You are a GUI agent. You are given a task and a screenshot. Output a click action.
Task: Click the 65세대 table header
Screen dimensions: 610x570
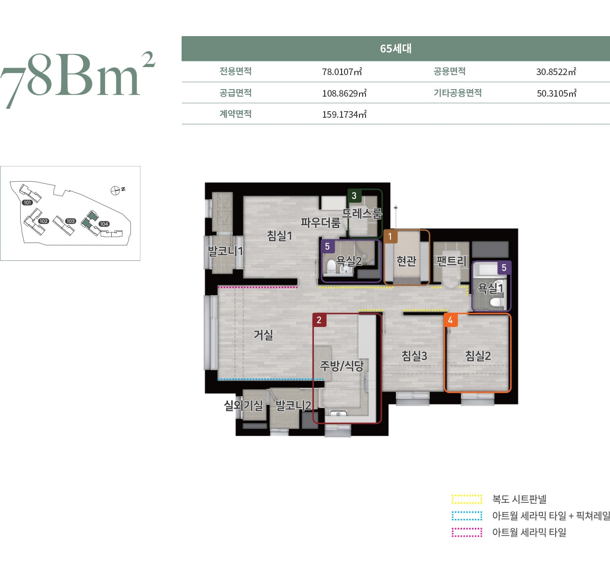point(396,48)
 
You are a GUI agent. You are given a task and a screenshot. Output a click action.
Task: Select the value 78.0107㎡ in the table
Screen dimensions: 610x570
point(342,72)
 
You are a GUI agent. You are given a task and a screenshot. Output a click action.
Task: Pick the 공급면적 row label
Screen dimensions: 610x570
point(236,93)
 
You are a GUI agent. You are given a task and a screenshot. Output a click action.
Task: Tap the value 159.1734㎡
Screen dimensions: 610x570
point(344,114)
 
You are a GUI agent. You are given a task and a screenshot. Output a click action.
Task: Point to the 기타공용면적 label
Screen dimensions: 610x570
point(457,93)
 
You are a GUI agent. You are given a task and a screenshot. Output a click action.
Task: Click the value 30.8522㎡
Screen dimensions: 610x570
point(556,72)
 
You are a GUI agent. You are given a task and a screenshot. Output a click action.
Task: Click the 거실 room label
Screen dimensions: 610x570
point(263,335)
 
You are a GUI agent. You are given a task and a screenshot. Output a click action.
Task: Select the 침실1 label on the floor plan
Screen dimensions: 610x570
point(280,236)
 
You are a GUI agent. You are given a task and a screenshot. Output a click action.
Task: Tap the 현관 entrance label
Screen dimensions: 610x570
point(406,261)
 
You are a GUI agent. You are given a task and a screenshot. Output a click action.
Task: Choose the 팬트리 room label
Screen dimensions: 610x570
point(451,261)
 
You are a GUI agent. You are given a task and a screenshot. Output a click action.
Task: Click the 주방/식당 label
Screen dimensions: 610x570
point(342,365)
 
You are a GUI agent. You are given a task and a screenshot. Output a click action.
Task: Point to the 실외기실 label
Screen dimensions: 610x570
point(244,405)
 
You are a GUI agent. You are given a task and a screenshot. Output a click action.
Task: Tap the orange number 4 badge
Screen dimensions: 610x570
point(450,320)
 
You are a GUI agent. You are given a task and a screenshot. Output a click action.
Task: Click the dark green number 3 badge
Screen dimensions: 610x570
point(354,196)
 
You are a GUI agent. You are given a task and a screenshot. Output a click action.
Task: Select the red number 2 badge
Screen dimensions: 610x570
point(319,320)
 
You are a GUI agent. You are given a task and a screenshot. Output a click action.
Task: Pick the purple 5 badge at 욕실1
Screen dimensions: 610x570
point(504,268)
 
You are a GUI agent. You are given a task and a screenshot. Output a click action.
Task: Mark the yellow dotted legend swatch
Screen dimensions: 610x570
point(466,499)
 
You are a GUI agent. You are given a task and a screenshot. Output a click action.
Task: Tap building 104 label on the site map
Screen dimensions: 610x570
point(104,224)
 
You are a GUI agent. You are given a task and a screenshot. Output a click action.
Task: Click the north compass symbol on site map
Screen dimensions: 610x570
point(115,191)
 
